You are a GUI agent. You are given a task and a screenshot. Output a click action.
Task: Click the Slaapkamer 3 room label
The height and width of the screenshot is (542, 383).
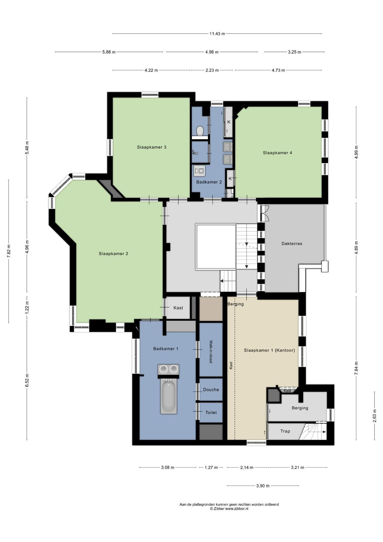pos(151,147)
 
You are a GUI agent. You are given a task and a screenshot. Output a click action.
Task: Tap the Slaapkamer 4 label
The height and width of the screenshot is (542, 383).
pos(277,153)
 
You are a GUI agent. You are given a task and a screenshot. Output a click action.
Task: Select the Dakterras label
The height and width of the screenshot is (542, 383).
pos(292,244)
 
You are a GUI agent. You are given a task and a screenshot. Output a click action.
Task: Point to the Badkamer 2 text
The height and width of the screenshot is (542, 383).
pos(209,182)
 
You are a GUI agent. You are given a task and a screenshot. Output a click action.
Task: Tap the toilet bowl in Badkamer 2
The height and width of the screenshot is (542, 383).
pos(200,131)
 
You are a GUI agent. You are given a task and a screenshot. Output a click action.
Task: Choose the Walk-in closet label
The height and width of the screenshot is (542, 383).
pos(211,352)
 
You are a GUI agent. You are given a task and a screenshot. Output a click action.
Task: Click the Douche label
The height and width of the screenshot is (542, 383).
pos(211,390)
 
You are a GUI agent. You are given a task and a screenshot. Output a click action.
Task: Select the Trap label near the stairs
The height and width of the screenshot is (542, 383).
pos(285,431)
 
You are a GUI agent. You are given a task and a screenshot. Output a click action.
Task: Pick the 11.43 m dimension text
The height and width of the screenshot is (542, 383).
pos(217,34)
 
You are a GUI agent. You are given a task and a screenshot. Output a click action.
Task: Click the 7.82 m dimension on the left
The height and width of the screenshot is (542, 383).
pos(9,251)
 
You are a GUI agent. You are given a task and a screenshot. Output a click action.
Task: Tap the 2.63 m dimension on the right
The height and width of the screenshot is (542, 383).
pos(375,416)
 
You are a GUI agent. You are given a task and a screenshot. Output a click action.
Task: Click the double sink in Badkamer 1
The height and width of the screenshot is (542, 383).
pos(168,370)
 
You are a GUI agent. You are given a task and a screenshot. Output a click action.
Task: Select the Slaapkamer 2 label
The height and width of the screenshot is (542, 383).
pos(113,254)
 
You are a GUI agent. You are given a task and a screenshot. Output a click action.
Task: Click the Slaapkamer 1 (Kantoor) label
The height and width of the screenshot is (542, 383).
pos(269,350)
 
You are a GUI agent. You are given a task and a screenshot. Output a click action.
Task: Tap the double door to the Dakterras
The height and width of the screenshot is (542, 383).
pos(265,213)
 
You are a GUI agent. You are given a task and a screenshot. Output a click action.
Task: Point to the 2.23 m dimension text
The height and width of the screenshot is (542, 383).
pos(212,70)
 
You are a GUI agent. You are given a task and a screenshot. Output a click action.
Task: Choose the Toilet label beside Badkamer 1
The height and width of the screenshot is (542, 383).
pos(211,413)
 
